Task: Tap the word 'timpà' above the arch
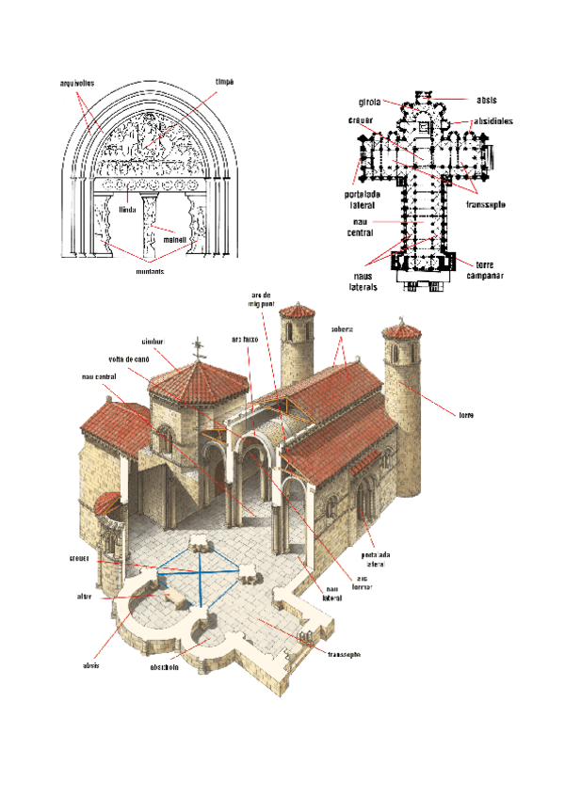tap(224, 83)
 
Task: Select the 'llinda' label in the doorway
tap(128, 211)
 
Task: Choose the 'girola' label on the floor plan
tap(368, 102)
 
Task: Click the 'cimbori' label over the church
tap(153, 341)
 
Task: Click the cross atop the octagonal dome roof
tap(198, 352)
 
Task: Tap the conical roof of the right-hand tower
tap(403, 336)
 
